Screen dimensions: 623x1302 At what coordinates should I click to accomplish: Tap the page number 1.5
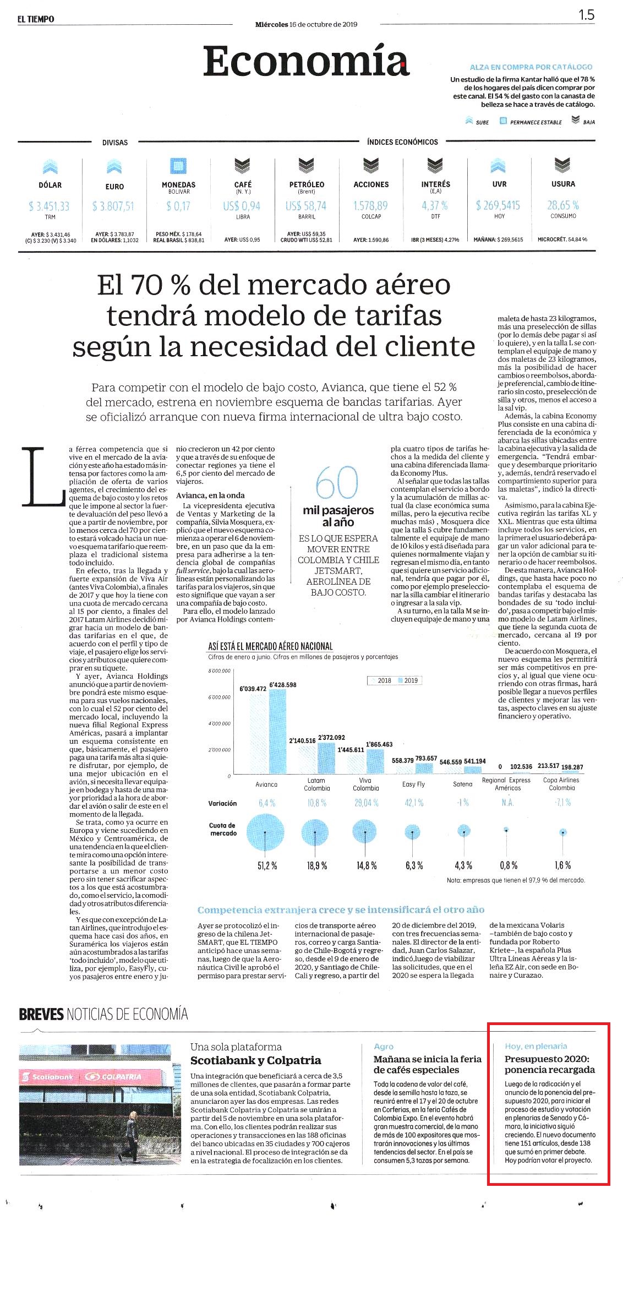coord(586,15)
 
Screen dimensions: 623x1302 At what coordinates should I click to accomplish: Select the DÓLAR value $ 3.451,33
coord(49,206)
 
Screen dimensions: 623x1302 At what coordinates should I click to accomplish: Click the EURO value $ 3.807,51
coord(113,206)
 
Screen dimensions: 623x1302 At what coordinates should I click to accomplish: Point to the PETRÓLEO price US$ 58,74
coord(305,206)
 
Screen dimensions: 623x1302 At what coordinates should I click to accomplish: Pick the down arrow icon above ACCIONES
coord(371,165)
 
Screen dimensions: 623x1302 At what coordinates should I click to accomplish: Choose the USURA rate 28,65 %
coord(562,205)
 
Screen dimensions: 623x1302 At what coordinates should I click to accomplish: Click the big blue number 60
coord(337,483)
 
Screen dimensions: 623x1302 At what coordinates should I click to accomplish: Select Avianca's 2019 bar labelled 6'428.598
coord(277,732)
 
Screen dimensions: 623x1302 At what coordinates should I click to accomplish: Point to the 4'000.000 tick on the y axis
coord(220,723)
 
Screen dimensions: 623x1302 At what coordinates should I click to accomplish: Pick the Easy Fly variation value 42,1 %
coord(414,803)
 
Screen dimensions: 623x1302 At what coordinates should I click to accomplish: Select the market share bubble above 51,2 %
coord(265,832)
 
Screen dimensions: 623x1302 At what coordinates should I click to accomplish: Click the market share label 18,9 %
coord(317,866)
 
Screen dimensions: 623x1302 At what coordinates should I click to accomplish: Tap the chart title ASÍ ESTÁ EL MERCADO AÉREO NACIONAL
coord(270,646)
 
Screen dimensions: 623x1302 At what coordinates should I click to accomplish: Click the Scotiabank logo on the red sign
coord(49,1076)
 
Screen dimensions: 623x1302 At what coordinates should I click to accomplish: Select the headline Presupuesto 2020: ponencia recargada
coord(550,1064)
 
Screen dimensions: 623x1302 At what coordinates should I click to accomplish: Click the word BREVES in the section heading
coord(41,1014)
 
